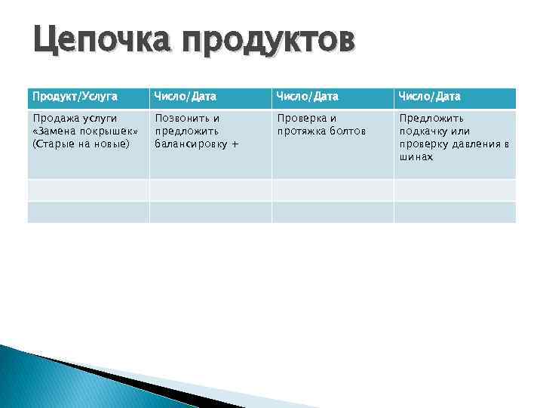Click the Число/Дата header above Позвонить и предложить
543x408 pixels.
point(185,97)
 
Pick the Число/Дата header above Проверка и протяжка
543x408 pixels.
point(308,97)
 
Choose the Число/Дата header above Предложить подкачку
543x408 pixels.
point(430,97)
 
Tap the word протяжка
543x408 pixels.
point(301,131)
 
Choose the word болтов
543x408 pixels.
point(347,131)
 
